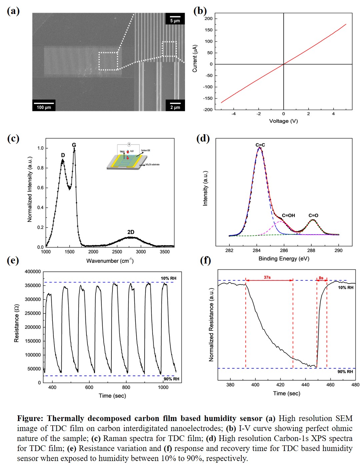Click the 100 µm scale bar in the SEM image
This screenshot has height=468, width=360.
[x=44, y=105]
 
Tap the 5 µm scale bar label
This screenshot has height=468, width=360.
[x=175, y=20]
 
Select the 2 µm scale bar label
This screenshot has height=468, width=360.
[x=175, y=107]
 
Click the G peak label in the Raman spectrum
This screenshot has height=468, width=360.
[x=74, y=145]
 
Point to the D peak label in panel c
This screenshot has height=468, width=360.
[x=63, y=155]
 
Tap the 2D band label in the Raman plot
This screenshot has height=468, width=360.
[x=131, y=232]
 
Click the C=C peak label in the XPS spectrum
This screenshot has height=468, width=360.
[x=260, y=145]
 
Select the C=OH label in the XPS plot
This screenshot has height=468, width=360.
[x=288, y=216]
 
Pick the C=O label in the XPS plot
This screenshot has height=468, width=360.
[x=313, y=216]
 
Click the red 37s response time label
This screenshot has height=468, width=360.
[x=267, y=277]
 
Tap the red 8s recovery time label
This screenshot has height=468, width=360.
[x=321, y=277]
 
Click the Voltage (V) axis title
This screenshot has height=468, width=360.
[x=283, y=121]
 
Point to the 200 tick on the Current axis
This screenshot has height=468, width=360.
[x=209, y=18]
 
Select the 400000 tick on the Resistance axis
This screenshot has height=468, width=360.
[x=33, y=271]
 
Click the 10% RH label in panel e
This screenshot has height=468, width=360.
[x=168, y=278]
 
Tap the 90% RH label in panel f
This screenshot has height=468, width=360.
[x=345, y=371]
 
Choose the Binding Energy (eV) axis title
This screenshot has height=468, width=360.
[x=284, y=258]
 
